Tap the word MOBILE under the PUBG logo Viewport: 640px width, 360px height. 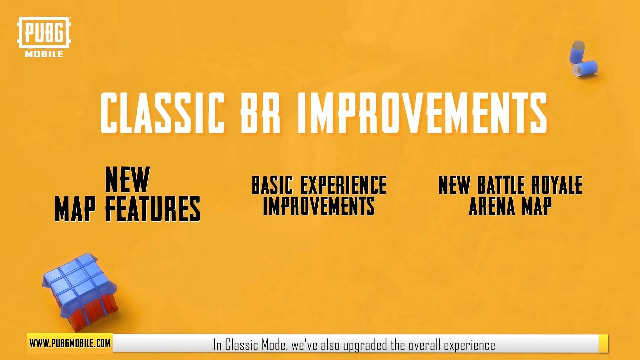[x=44, y=54]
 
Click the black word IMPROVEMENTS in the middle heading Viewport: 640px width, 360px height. [x=319, y=206]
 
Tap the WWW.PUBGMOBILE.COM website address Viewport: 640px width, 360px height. [x=70, y=343]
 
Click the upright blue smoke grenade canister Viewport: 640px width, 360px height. [x=577, y=52]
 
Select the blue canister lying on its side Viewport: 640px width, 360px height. [x=585, y=68]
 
